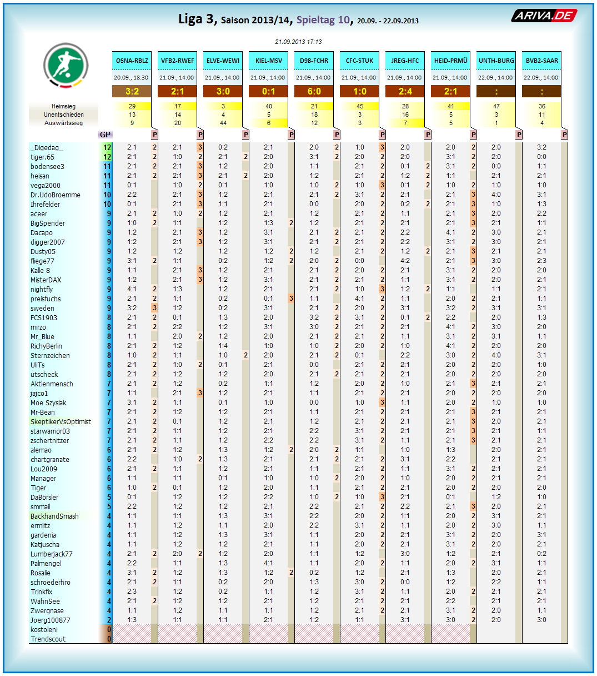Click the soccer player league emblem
[66, 65]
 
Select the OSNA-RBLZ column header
[132, 61]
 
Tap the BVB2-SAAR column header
[541, 61]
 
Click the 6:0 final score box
[314, 91]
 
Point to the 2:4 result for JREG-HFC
[405, 91]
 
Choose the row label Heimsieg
[64, 106]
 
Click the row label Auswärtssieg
[64, 123]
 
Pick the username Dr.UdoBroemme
[56, 195]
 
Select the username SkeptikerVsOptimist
[61, 422]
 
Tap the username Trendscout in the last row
[48, 639]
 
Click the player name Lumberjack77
[51, 554]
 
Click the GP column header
[105, 135]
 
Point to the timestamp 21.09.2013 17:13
[298, 42]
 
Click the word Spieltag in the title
[315, 20]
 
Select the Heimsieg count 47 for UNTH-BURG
[496, 106]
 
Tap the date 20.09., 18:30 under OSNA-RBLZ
[132, 78]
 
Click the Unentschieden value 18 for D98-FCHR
[314, 115]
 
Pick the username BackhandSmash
[54, 516]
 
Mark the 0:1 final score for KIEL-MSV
[269, 91]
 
